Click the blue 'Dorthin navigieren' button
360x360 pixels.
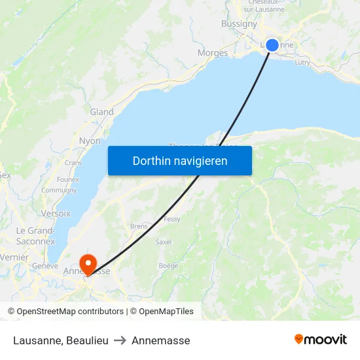pos(180,160)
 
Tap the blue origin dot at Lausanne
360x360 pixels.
pos(272,45)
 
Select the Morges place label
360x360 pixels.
pos(213,53)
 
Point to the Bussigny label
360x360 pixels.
pos(240,24)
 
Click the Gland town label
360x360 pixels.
pos(101,112)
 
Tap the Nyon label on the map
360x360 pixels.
pos(90,141)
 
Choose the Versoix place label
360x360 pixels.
pos(56,213)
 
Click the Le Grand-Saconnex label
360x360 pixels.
pos(35,236)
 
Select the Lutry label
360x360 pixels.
pos(302,62)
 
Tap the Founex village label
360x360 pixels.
pos(68,179)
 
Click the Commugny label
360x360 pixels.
pos(59,190)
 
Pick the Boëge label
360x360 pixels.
pos(168,266)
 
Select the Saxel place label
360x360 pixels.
pos(164,242)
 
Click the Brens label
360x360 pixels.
pos(139,226)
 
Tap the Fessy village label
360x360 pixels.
pos(172,219)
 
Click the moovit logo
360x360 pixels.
pos(321,339)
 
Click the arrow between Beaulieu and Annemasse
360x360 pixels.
pos(120,340)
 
